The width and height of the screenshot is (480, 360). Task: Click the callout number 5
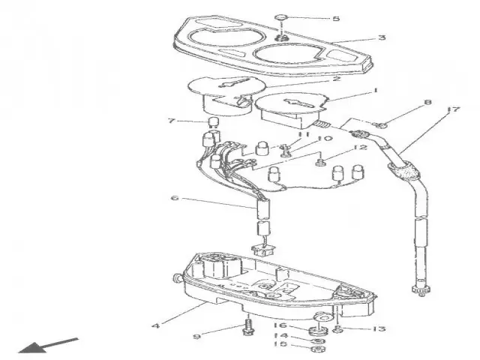point(314,18)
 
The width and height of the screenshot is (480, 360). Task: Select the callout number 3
point(382,37)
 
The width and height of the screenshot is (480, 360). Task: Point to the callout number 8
point(427,102)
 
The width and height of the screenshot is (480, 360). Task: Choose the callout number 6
point(175,198)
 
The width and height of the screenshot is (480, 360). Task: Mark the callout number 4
point(155,325)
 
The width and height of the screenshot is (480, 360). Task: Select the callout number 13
point(380,328)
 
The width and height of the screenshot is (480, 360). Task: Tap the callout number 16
point(280,325)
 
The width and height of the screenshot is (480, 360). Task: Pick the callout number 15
point(280,345)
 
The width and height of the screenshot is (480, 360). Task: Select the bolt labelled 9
point(248,328)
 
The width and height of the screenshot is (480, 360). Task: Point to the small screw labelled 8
point(380,124)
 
